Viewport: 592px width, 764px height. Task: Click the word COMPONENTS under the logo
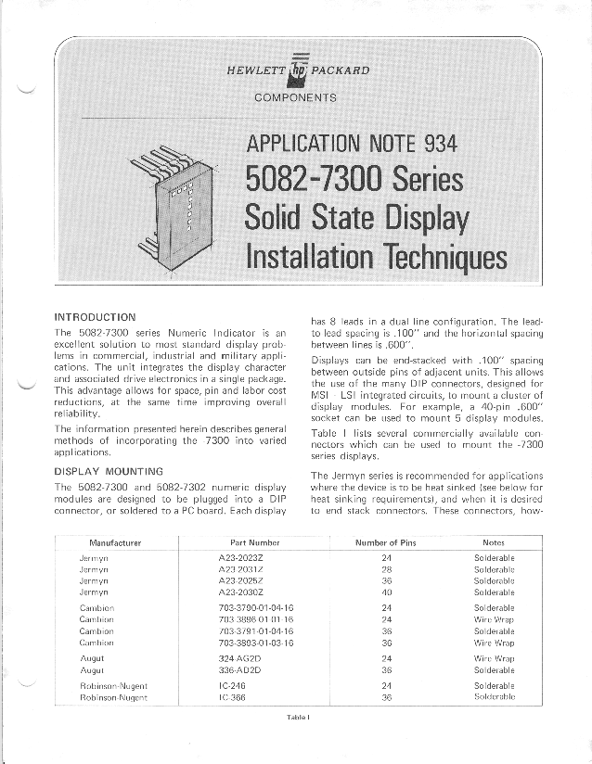point(297,96)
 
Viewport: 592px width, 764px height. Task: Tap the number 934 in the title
point(439,143)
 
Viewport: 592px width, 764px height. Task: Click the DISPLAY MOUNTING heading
point(109,470)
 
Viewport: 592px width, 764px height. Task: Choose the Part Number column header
point(254,542)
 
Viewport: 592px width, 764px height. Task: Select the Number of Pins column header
point(388,542)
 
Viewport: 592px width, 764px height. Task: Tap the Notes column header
point(494,542)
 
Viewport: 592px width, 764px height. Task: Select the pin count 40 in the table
point(387,592)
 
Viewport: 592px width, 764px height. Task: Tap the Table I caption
point(296,717)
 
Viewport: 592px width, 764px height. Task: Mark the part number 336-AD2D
point(238,668)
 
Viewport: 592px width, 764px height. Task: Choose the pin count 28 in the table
point(387,568)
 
